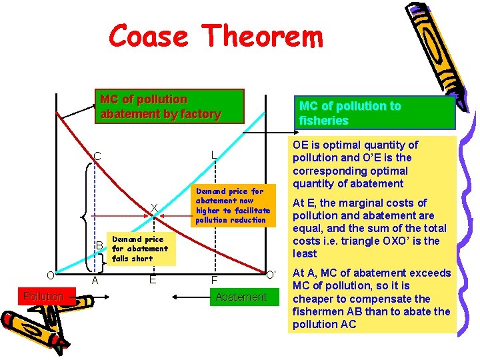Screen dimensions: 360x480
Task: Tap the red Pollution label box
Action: click(43, 296)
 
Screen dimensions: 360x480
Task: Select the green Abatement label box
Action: click(241, 297)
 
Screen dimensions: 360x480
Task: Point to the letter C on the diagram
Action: click(97, 157)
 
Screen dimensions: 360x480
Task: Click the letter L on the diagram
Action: click(213, 155)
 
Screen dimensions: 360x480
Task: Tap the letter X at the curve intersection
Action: click(154, 209)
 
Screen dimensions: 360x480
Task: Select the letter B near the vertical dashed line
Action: click(99, 245)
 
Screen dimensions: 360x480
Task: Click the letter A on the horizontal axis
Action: click(95, 281)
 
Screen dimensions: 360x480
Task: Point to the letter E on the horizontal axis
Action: click(153, 280)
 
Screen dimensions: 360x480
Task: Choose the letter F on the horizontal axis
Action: click(214, 281)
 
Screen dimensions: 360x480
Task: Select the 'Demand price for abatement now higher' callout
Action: click(233, 205)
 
